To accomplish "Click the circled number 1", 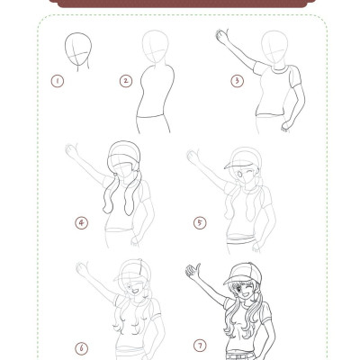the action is tap(58, 81).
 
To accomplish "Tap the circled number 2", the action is tap(126, 81).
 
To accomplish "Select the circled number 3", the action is tap(237, 81).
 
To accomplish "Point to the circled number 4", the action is tap(81, 223).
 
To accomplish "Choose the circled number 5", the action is tap(200, 223).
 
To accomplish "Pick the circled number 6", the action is tap(81, 348).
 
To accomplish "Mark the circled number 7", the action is tap(200, 346).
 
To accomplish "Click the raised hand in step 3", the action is tap(222, 37).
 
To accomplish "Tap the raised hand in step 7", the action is tap(193, 272).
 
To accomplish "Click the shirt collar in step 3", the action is tap(280, 69).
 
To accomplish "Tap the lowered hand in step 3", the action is tap(286, 126).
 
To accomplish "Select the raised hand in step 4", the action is tap(71, 151).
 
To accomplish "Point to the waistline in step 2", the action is tap(150, 117).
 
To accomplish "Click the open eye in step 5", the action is tap(239, 174).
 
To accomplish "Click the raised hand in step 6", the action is tap(83, 269).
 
